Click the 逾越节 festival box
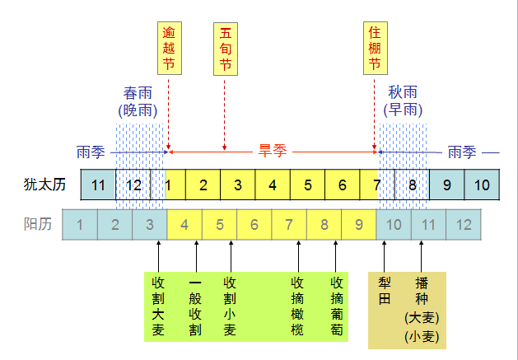click(168, 49)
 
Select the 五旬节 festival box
click(225, 49)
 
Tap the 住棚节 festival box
click(375, 49)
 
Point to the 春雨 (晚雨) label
click(138, 101)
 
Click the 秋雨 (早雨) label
click(404, 101)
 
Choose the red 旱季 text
click(273, 152)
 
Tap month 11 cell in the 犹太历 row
click(98, 185)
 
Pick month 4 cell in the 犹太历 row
click(273, 185)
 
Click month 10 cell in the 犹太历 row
click(483, 185)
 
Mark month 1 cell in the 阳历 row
click(80, 224)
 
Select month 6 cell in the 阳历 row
click(254, 224)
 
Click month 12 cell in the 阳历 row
click(464, 224)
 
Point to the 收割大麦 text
click(158, 306)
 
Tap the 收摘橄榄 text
click(298, 306)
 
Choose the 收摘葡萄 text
click(336, 306)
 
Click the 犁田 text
click(385, 290)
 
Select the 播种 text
click(422, 290)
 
